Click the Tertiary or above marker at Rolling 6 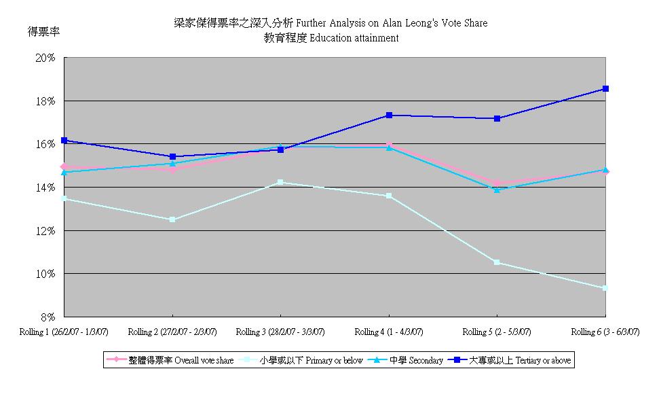point(605,88)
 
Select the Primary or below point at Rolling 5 point(497,262)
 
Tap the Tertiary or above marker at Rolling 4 point(389,115)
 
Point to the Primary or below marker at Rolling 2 point(172,219)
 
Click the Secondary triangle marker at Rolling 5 point(497,190)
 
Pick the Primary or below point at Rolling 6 point(605,288)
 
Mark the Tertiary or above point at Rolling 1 point(64,140)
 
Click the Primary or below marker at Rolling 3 point(280,182)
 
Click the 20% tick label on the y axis point(45,58)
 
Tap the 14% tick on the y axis point(45,188)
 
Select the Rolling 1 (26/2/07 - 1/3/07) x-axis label point(64,332)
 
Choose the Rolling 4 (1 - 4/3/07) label point(389,332)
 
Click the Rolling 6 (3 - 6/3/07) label point(605,332)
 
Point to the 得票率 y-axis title point(43,31)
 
